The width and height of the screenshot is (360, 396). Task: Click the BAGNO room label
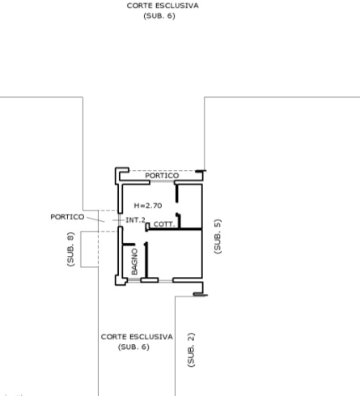134,262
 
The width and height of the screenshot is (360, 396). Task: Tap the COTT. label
164,224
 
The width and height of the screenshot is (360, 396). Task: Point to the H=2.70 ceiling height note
148,206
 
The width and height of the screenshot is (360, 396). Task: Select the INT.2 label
135,220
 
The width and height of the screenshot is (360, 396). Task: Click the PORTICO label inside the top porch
162,176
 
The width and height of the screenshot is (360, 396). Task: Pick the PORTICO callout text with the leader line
67,217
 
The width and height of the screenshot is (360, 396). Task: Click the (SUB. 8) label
70,249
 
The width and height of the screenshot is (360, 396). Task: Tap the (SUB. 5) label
218,236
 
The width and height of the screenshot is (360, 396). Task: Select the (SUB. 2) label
191,350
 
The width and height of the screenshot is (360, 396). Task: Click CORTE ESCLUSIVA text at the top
163,6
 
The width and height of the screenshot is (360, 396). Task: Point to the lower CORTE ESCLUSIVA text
137,337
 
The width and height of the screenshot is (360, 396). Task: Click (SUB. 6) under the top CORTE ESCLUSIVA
159,15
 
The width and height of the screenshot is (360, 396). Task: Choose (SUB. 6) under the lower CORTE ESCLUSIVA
133,347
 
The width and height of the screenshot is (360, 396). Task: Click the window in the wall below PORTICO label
162,181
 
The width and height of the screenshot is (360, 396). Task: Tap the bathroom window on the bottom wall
133,281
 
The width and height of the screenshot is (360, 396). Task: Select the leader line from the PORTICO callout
96,219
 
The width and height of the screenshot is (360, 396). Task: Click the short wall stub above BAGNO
129,245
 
